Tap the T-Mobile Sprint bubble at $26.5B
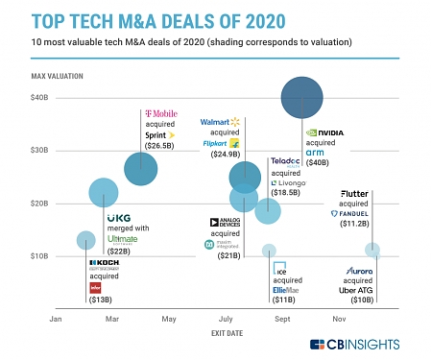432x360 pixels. coord(141,169)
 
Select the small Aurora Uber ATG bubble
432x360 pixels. coord(372,251)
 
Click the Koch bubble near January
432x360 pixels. coord(86,240)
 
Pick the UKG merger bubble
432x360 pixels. coord(104,193)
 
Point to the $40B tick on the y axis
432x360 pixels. coord(39,98)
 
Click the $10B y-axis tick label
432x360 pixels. coord(39,255)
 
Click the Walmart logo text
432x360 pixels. coord(217,123)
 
